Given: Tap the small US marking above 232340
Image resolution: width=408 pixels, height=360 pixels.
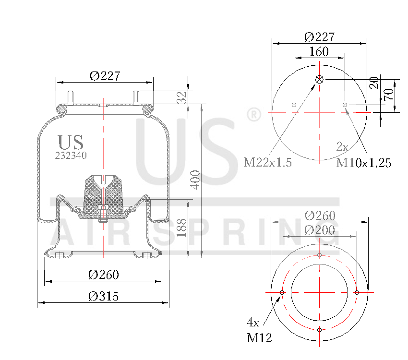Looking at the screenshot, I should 71,143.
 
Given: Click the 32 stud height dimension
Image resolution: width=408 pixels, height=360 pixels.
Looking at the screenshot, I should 181,97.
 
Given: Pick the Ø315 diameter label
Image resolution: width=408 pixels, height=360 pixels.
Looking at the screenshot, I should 103,297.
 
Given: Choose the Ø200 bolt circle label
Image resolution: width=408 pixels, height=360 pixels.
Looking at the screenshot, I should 320,230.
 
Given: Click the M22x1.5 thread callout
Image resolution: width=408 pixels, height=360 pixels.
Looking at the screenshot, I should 268,162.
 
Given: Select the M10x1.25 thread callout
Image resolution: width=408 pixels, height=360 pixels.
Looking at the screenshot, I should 363,163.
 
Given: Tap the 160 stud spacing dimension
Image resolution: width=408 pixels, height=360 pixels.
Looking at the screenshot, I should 319,52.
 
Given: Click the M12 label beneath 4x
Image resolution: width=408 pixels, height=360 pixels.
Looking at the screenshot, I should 260,338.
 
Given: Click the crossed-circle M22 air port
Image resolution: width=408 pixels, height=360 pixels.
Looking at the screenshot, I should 320,80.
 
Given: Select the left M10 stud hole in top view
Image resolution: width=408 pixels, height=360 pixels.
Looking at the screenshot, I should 294,105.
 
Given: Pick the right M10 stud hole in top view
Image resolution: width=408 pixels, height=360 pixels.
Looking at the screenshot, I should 345,105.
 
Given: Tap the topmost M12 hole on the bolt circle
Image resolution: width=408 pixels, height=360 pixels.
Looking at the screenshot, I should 320,255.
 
